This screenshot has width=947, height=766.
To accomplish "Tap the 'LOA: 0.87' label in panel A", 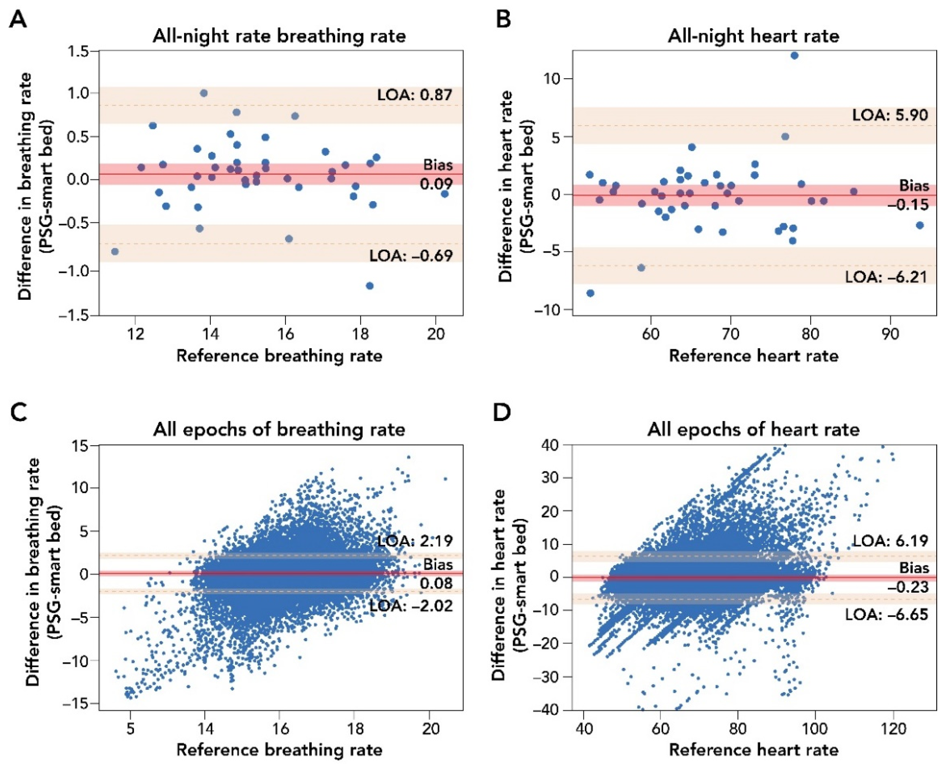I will (415, 95).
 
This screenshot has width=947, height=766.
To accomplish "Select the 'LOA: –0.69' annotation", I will (411, 255).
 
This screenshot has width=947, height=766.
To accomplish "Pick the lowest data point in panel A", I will (370, 286).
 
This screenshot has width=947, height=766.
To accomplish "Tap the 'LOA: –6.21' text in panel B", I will (886, 277).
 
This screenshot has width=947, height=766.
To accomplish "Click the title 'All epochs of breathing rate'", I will (279, 429).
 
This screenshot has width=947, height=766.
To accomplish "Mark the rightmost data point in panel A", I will (445, 194).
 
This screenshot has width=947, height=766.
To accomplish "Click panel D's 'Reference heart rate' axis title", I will (753, 750).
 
